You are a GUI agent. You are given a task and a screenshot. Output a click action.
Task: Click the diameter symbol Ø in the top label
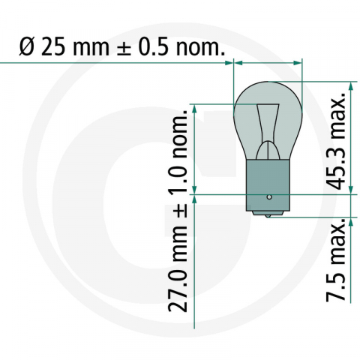(x=24, y=49)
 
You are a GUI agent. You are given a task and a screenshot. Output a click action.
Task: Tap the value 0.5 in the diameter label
(x=153, y=49)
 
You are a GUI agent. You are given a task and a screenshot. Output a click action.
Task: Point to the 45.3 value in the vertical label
(x=339, y=171)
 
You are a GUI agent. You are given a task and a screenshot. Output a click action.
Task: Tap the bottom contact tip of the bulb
(x=268, y=216)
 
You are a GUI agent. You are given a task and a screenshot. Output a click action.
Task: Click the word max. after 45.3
(x=339, y=120)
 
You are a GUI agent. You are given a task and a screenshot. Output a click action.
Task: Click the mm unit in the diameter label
(x=91, y=49)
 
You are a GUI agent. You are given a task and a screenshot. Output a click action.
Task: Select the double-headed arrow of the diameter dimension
(x=268, y=64)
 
